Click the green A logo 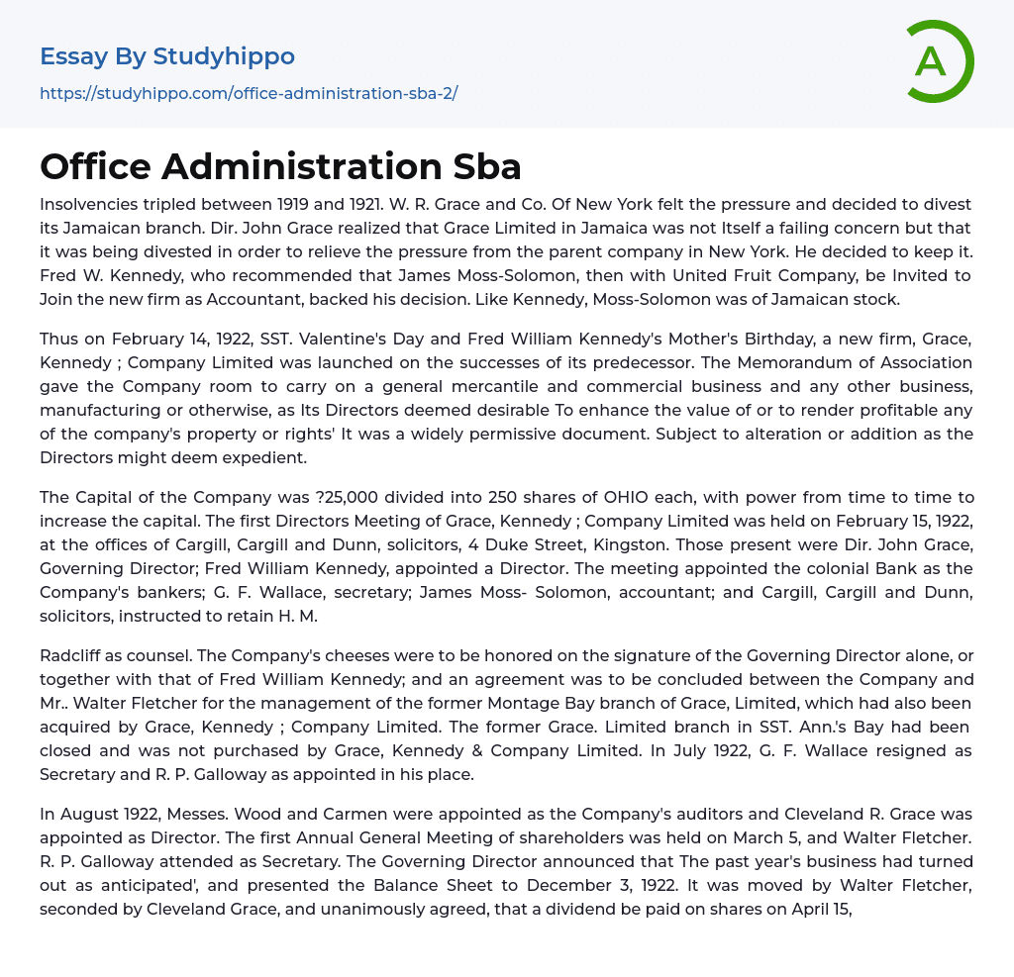tap(933, 61)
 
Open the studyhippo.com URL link tap(249, 94)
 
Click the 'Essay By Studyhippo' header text tap(167, 56)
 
